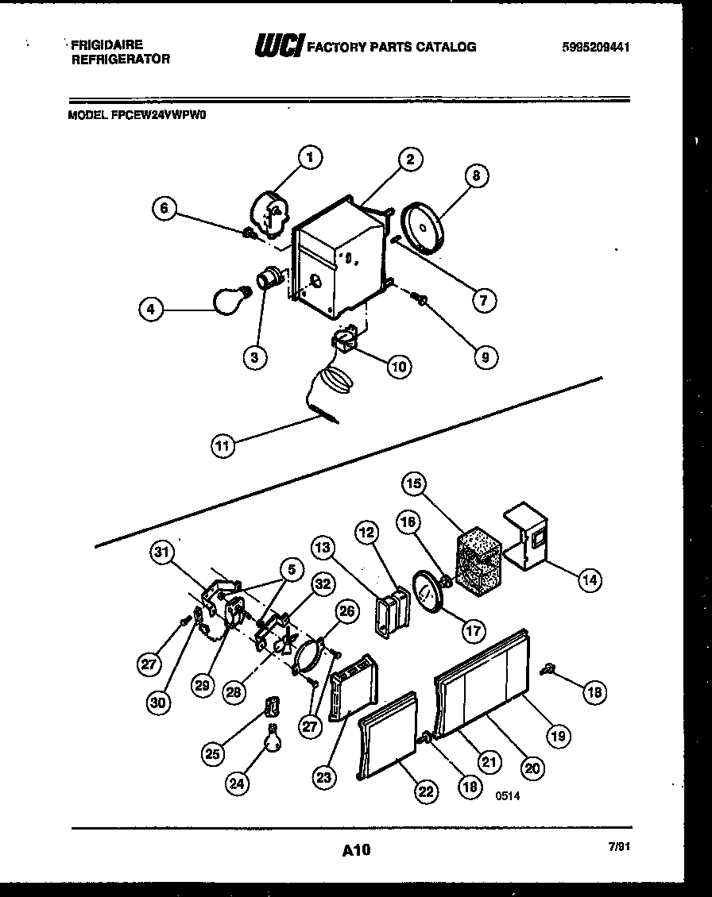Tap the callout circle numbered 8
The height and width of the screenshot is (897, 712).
(x=475, y=175)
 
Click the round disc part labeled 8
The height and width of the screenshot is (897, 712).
(x=424, y=229)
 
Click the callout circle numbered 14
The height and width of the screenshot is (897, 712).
(x=588, y=580)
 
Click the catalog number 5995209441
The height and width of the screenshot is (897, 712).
(x=595, y=47)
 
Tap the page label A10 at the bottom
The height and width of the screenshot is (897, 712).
(x=356, y=851)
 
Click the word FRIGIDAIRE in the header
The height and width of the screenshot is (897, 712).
(x=107, y=45)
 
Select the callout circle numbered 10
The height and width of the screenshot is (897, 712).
(x=399, y=366)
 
